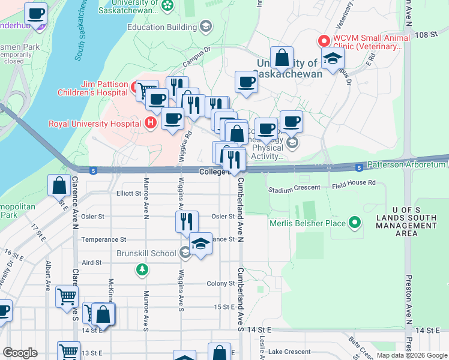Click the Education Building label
(x=161, y=26)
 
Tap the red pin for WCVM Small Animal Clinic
(x=324, y=41)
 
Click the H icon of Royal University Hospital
(x=151, y=124)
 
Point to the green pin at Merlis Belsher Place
(x=355, y=224)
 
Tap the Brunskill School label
(x=146, y=253)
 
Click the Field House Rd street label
(x=354, y=182)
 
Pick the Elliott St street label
(x=128, y=193)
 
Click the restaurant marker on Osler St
(x=187, y=221)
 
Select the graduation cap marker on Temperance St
(x=201, y=243)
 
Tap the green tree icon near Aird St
(x=142, y=270)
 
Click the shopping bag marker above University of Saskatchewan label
(x=282, y=58)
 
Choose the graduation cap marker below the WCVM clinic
(x=333, y=58)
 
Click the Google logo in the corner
(x=20, y=352)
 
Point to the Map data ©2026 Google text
(x=411, y=355)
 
